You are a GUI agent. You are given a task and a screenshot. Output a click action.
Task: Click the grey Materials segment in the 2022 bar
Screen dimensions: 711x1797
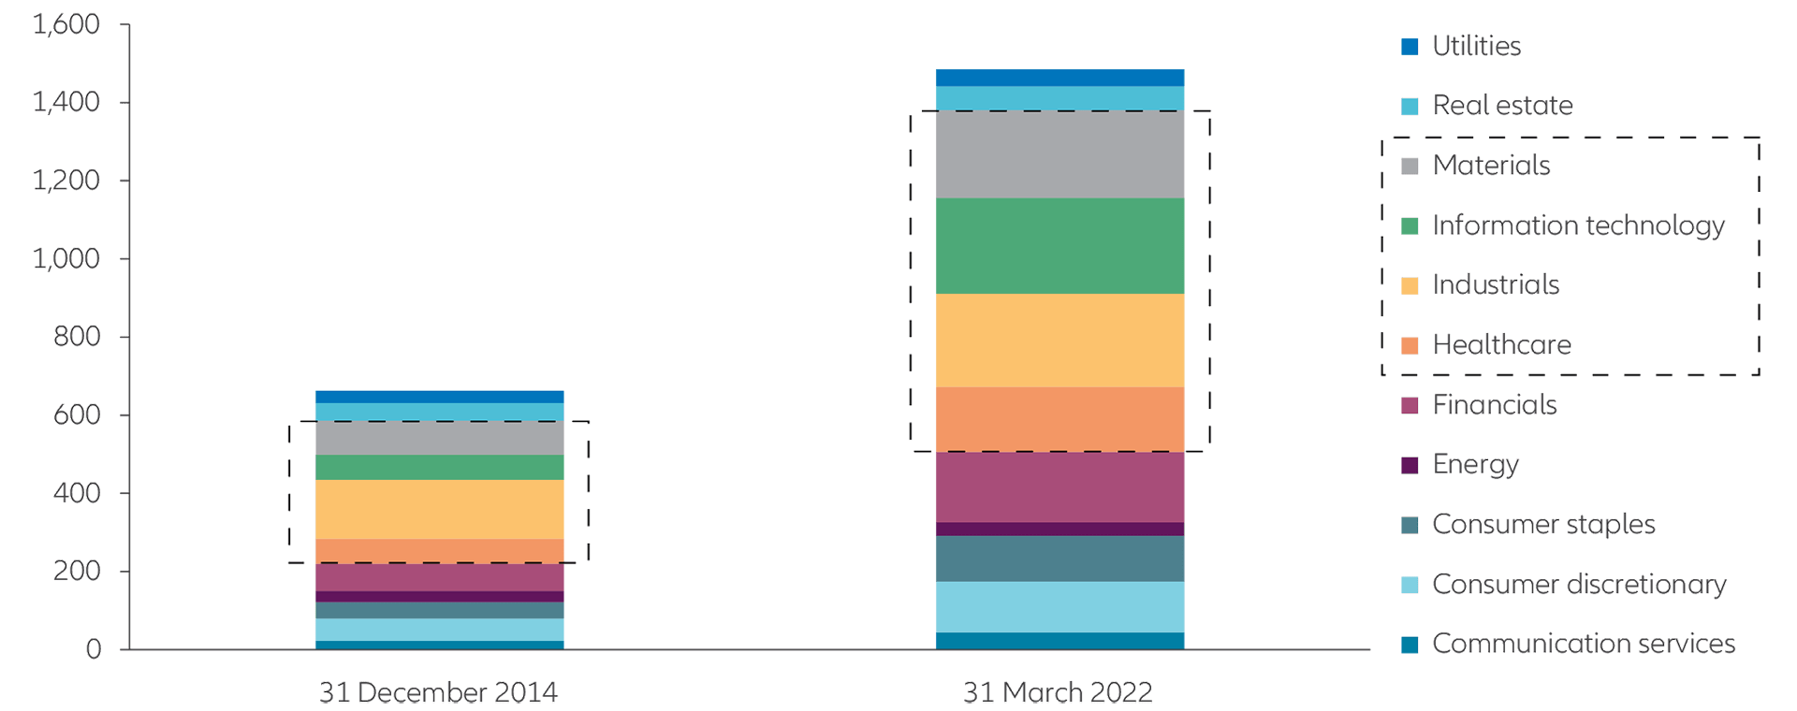click(1059, 154)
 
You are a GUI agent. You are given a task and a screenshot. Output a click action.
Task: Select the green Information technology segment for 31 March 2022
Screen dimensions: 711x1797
click(1059, 246)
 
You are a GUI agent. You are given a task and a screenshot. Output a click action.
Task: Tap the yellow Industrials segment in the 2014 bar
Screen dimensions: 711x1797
click(439, 509)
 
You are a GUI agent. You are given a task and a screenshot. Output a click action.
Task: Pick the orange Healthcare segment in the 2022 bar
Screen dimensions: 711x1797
click(1059, 419)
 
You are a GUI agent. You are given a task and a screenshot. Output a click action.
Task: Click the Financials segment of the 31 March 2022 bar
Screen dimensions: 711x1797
click(1059, 486)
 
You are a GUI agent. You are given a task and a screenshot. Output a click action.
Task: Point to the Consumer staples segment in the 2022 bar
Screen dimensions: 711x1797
click(1059, 559)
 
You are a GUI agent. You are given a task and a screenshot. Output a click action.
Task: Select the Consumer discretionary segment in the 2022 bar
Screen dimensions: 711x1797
click(1059, 607)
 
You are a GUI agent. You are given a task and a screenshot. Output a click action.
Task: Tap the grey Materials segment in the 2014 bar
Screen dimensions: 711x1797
click(439, 438)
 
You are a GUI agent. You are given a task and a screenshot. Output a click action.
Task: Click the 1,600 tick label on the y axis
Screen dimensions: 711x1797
click(66, 24)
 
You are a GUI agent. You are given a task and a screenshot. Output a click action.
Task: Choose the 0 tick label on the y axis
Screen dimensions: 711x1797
click(93, 649)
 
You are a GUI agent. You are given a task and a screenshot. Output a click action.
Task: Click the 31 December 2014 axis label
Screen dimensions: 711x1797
click(439, 693)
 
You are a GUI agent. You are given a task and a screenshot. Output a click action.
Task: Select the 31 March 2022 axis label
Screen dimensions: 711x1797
click(1058, 693)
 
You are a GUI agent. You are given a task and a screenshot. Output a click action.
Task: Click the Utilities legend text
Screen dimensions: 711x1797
click(1477, 46)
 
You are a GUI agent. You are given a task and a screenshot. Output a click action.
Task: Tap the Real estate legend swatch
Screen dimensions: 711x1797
click(1410, 107)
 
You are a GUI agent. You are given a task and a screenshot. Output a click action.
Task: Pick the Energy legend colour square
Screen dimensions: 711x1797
click(1410, 465)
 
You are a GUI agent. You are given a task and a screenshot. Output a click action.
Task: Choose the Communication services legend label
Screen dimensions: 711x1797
click(1584, 644)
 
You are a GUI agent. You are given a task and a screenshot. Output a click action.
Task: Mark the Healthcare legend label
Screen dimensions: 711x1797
click(1502, 345)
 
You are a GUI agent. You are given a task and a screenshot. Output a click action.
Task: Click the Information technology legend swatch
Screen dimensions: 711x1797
click(1410, 226)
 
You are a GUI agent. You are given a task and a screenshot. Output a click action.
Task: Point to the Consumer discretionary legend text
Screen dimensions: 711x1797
click(1579, 585)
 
